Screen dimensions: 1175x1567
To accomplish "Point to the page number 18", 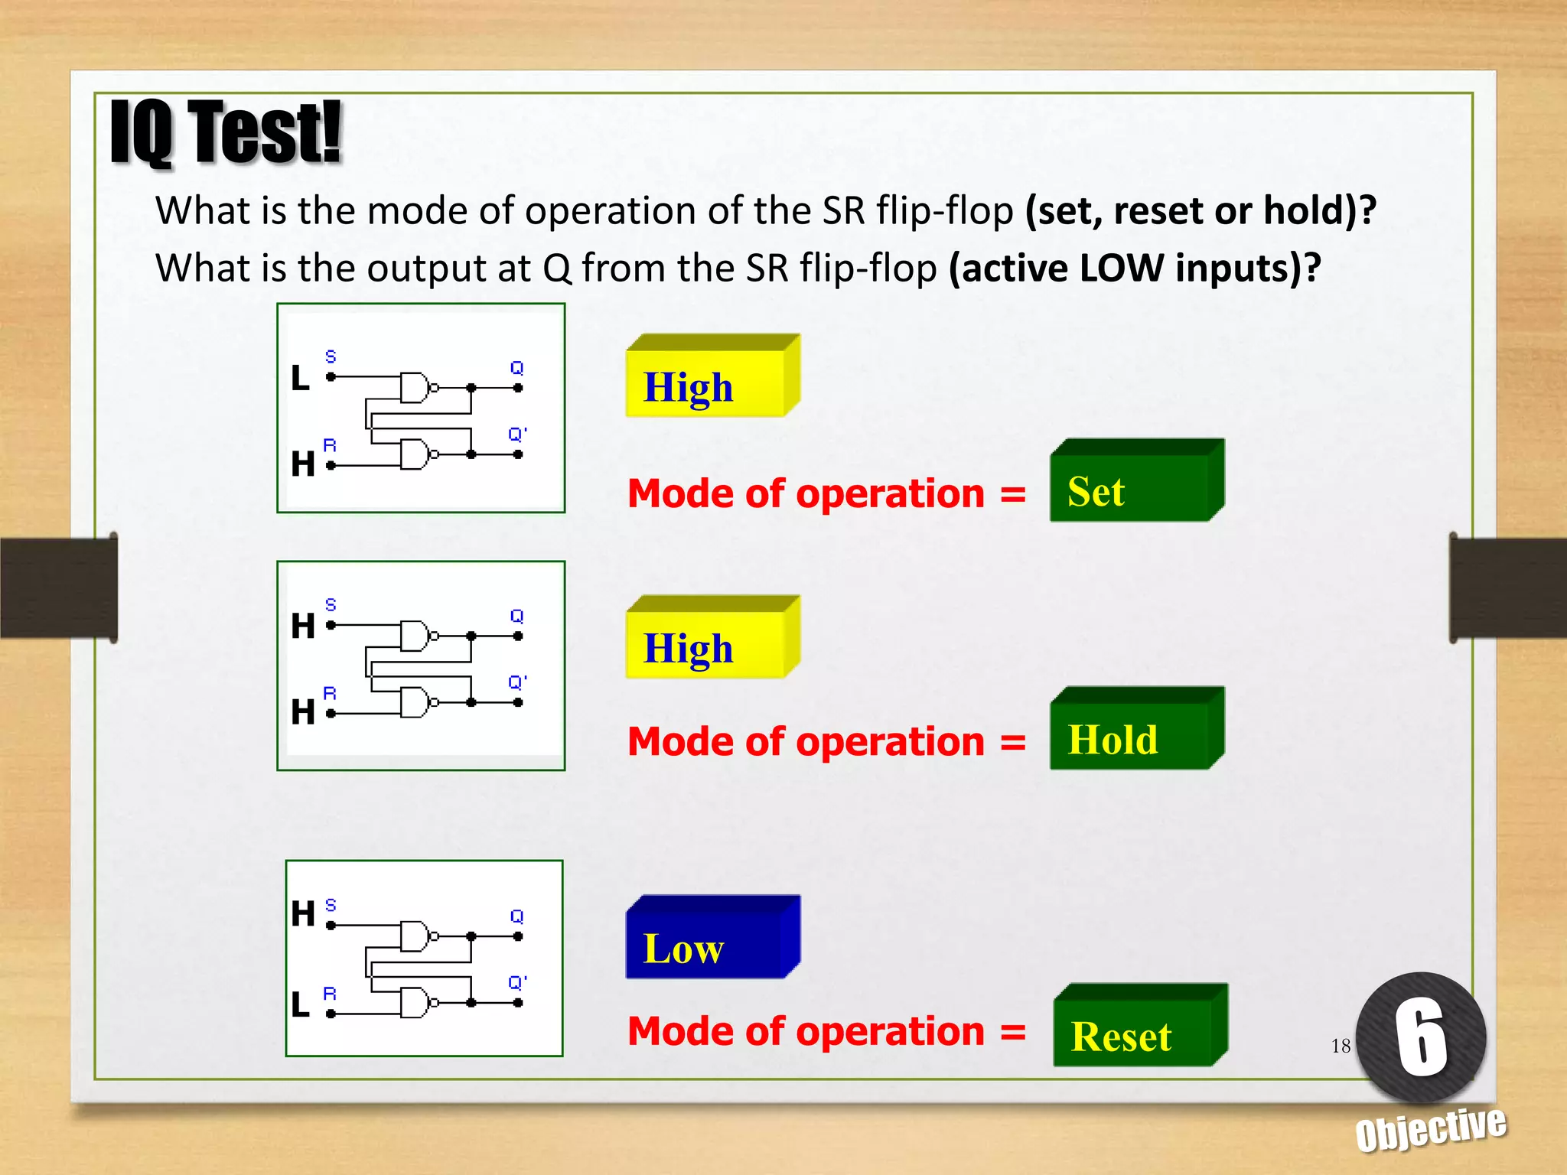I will (1341, 1046).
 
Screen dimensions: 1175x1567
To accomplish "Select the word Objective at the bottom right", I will (1431, 1128).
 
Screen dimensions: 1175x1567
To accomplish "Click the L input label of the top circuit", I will (301, 378).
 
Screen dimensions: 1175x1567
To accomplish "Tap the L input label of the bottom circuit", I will (301, 1004).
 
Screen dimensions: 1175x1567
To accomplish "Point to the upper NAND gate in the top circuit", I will (415, 388).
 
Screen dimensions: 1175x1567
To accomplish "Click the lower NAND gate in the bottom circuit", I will (415, 1002).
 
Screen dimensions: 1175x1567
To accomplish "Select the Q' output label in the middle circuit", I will (517, 682).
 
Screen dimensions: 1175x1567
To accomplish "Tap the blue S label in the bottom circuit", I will (331, 905).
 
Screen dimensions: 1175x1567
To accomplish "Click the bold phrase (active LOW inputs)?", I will (1135, 269).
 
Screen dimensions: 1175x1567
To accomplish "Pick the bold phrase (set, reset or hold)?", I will (1200, 210).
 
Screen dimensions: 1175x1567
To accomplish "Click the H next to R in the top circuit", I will (303, 464).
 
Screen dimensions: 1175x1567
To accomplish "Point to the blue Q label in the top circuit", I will (517, 368).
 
